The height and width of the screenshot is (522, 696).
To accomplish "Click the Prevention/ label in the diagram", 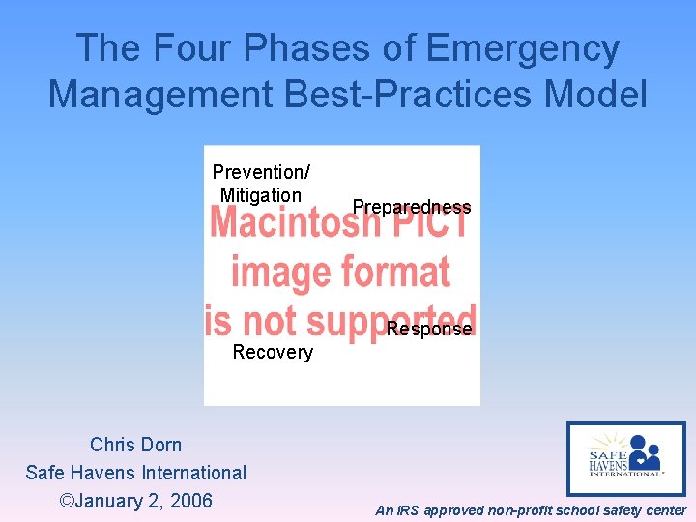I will tap(261, 172).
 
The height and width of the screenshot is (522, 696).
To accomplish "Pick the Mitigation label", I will tap(261, 195).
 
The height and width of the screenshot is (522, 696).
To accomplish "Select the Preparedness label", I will tap(412, 207).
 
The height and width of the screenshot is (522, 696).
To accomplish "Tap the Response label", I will tap(429, 330).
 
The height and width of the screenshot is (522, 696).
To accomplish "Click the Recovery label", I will tap(273, 353).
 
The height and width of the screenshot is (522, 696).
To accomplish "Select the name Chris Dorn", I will tap(135, 445).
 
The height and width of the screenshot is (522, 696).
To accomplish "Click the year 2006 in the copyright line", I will tap(190, 501).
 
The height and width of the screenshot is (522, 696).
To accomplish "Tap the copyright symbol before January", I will tap(67, 501).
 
